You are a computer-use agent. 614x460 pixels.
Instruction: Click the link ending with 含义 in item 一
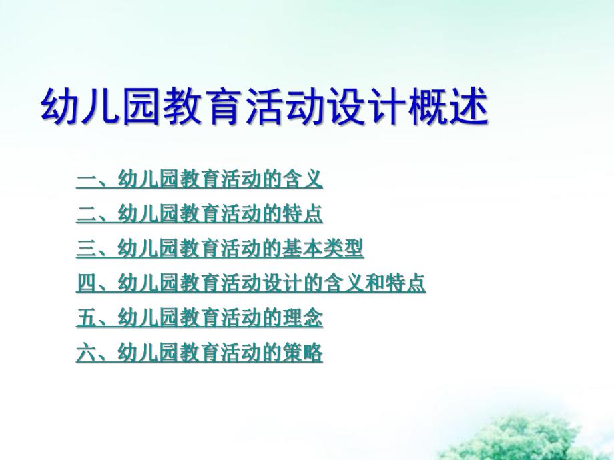coord(200,179)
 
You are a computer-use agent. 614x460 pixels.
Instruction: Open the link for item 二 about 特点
coord(200,214)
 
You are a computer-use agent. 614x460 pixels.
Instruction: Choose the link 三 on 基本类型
coord(220,249)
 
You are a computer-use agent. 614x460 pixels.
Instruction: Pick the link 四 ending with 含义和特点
coord(251,284)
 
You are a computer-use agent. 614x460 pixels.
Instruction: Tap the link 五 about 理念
coord(200,319)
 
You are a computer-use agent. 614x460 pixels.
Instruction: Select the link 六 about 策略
coord(200,353)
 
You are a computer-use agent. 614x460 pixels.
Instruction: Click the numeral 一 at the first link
coord(86,179)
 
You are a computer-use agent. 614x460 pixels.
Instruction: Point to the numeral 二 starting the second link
coord(86,214)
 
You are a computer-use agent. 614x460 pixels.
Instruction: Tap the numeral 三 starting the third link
coord(86,249)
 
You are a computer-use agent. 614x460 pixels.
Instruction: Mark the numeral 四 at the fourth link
coord(86,284)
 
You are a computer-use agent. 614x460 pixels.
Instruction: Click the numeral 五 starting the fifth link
coord(86,319)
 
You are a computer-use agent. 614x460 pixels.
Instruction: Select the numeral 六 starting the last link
coord(86,353)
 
